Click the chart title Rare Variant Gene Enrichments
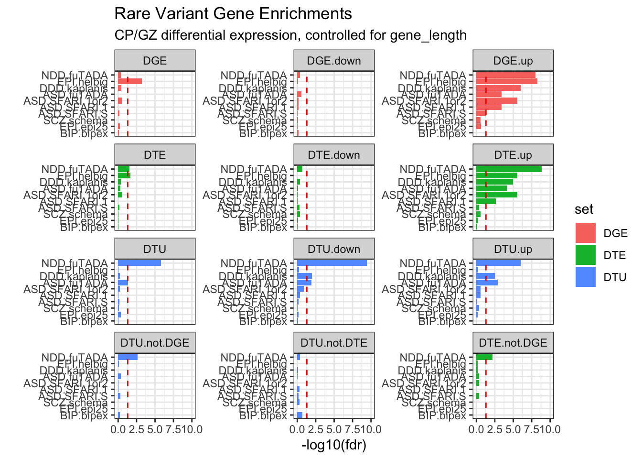tap(233, 14)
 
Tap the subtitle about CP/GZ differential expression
tap(290, 35)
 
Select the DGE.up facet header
tap(513, 61)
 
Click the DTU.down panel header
tap(334, 249)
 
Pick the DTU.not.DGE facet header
tap(155, 343)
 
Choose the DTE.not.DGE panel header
tap(513, 343)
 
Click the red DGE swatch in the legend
tap(586, 233)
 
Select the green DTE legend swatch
tap(586, 255)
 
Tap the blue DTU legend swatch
tap(586, 277)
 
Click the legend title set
tap(584, 209)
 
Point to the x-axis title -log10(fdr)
tap(334, 445)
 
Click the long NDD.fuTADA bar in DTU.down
tap(332, 263)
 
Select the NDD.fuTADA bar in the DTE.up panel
tap(509, 169)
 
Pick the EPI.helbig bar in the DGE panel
tap(130, 81)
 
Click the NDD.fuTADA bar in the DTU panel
tap(139, 263)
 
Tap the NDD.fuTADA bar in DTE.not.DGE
tap(484, 357)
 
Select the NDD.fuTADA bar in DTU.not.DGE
tap(128, 357)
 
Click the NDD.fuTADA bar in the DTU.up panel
tap(498, 263)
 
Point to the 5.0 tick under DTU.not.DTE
tap(334, 429)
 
